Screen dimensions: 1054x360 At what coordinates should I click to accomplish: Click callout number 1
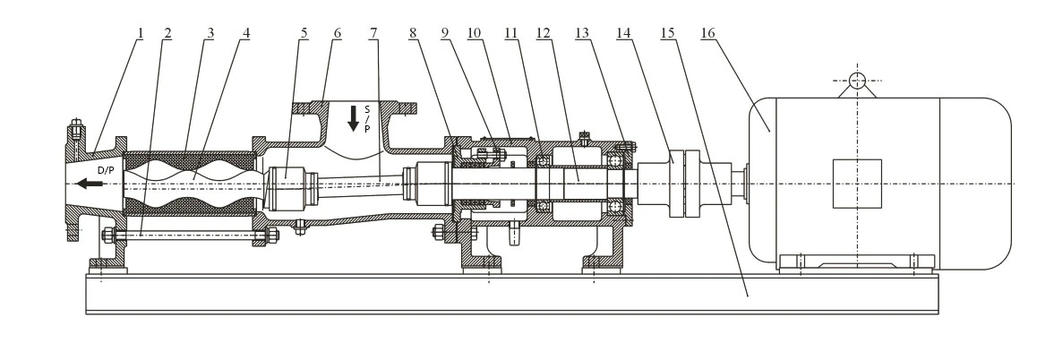click(x=141, y=33)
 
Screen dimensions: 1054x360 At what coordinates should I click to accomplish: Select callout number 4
click(x=246, y=33)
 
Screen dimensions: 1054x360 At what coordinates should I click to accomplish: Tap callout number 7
click(x=373, y=33)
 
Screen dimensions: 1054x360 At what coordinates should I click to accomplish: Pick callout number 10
click(x=475, y=33)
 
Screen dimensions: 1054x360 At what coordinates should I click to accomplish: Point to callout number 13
click(x=581, y=33)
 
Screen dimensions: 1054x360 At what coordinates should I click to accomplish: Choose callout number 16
click(x=707, y=33)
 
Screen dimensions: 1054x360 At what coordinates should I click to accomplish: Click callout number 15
click(x=667, y=33)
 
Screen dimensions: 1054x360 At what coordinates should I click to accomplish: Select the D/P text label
click(x=107, y=170)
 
